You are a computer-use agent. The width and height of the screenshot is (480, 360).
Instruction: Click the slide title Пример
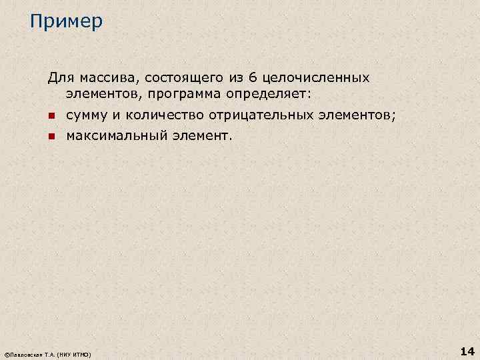66,22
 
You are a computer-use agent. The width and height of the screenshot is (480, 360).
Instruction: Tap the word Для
58,78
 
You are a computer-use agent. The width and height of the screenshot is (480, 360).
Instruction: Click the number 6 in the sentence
252,78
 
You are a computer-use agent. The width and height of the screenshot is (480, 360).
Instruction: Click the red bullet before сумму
51,117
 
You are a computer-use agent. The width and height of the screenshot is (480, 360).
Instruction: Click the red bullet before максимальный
51,137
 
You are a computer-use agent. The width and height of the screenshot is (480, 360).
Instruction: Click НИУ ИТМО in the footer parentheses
74,353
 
